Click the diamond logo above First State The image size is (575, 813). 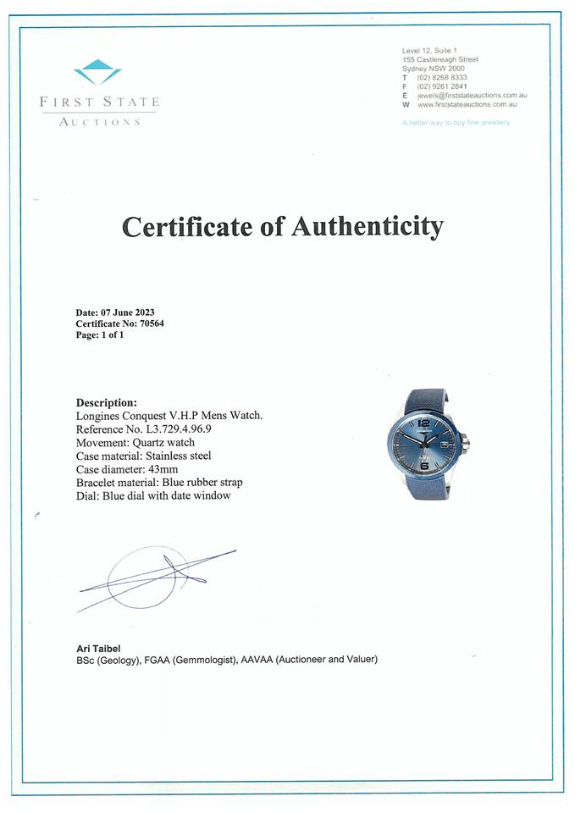point(97,72)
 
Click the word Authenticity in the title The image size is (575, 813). point(367,227)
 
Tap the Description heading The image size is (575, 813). point(106,402)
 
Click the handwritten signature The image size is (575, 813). point(157,576)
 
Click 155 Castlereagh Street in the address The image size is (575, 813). point(440,59)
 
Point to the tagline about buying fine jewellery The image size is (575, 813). point(456,123)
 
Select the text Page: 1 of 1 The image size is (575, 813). point(100,335)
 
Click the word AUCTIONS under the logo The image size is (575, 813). point(99,122)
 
